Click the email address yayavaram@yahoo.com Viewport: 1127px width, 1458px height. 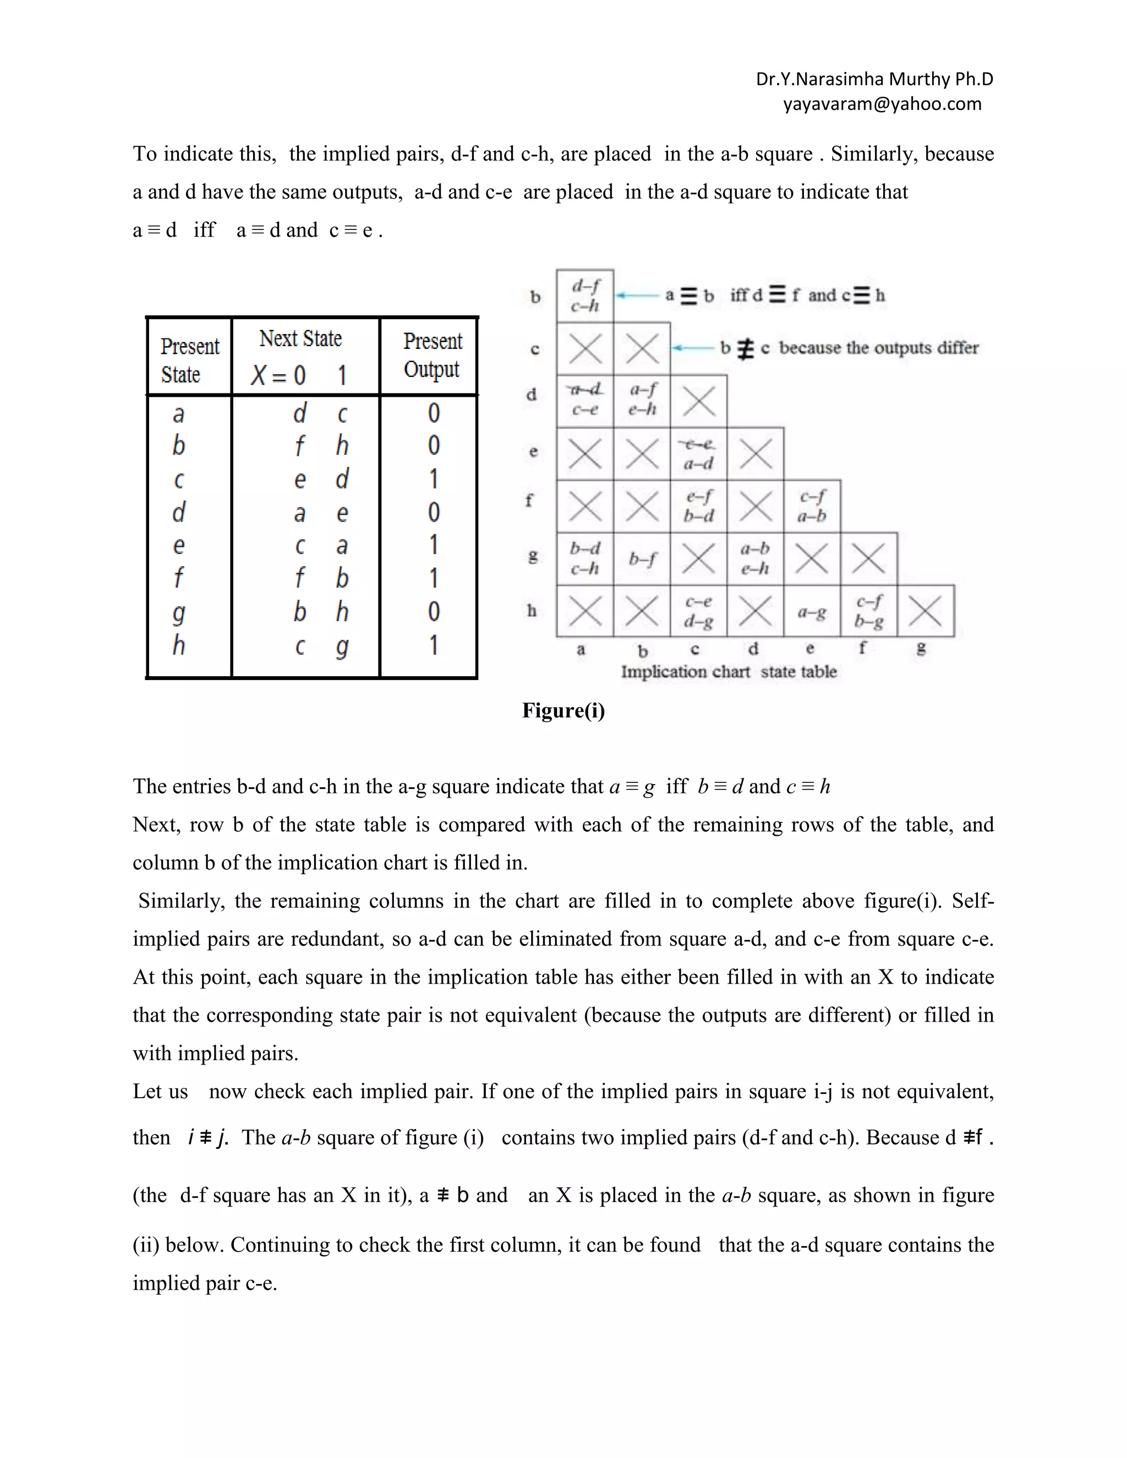point(882,104)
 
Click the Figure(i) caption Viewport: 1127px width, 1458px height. point(563,710)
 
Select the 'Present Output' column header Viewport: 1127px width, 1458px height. point(431,355)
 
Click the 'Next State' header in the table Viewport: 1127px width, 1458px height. point(300,338)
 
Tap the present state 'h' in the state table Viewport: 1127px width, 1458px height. point(178,645)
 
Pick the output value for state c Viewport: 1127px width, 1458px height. point(433,479)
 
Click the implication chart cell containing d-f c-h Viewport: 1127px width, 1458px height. point(585,296)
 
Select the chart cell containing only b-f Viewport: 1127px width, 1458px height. point(642,559)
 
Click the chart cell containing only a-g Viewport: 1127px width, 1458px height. point(812,611)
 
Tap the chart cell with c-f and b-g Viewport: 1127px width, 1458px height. point(868,611)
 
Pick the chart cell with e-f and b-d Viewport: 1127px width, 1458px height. point(698,506)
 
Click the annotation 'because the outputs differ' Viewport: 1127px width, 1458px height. point(879,348)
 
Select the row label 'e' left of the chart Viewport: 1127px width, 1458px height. point(533,451)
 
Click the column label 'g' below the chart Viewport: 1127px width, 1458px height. point(921,648)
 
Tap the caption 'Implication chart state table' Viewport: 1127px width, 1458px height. point(729,672)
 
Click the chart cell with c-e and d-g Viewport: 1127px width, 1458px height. point(698,611)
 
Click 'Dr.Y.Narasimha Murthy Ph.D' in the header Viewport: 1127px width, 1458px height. point(874,79)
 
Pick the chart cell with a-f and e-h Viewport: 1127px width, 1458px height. point(642,399)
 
